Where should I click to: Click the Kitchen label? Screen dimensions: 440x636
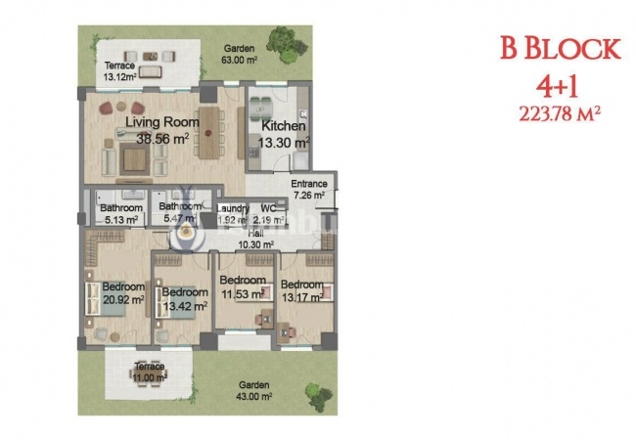point(283,126)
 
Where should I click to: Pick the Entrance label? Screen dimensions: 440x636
point(309,185)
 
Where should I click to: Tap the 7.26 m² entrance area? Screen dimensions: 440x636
point(309,197)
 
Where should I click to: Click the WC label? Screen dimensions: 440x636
point(267,208)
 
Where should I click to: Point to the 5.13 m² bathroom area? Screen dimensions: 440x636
point(120,221)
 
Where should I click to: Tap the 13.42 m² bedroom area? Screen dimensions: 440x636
point(184,305)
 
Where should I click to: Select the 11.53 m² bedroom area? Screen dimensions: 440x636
point(244,292)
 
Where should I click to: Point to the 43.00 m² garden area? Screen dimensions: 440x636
point(252,396)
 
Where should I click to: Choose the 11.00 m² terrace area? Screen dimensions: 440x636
point(150,377)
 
